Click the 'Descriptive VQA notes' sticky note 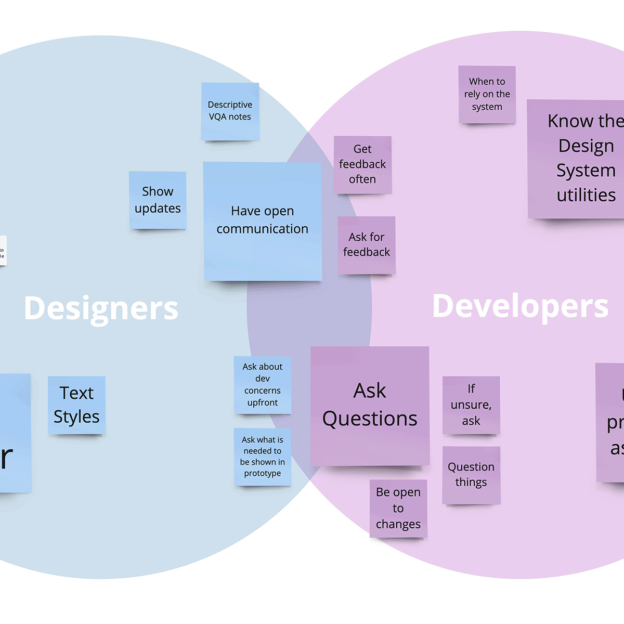pyautogui.click(x=230, y=111)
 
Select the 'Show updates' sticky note pyautogui.click(x=158, y=200)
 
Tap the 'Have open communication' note pyautogui.click(x=263, y=222)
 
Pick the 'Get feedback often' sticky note pyautogui.click(x=362, y=165)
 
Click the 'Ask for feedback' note pyautogui.click(x=367, y=245)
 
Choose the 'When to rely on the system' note pyautogui.click(x=487, y=95)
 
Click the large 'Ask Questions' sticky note pyautogui.click(x=370, y=406)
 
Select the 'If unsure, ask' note pyautogui.click(x=471, y=405)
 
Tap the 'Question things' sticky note pyautogui.click(x=471, y=475)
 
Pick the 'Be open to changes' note pyautogui.click(x=398, y=508)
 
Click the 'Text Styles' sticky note pyautogui.click(x=76, y=405)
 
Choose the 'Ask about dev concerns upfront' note pyautogui.click(x=263, y=385)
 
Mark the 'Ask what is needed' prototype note pyautogui.click(x=263, y=457)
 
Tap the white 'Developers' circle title pyautogui.click(x=520, y=306)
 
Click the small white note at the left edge pyautogui.click(x=3, y=251)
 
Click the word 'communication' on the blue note pyautogui.click(x=263, y=229)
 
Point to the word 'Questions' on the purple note pyautogui.click(x=370, y=419)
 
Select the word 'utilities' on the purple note pyautogui.click(x=586, y=195)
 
